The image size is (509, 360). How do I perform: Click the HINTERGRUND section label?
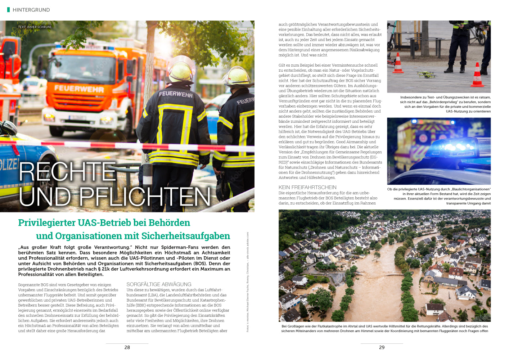31,10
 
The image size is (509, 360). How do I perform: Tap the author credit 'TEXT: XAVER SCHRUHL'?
35,27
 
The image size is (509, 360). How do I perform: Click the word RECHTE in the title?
67,172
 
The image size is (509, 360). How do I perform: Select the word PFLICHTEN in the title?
145,197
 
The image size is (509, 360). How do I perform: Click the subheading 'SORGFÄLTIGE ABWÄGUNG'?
159,284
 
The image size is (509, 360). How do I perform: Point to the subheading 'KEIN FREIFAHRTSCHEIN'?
307,187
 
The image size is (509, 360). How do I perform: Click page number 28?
127,347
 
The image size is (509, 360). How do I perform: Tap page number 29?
382,347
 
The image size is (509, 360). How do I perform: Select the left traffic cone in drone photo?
398,64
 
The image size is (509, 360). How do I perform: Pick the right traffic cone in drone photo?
477,76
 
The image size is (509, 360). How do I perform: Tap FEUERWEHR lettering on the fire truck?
79,88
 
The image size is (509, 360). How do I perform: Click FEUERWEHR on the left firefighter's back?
176,94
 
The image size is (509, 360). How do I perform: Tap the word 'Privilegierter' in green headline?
47,223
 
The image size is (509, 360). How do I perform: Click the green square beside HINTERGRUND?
8,10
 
